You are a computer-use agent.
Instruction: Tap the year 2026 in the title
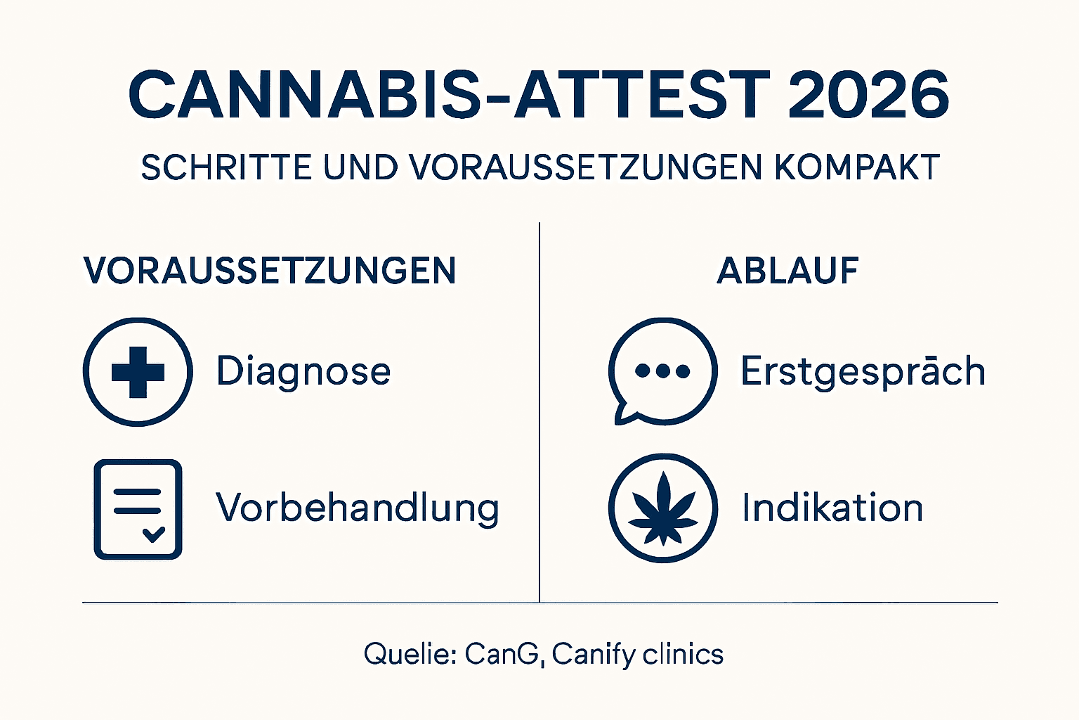[868, 95]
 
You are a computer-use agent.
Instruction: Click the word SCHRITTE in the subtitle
[226, 168]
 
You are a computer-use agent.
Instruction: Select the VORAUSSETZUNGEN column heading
[270, 271]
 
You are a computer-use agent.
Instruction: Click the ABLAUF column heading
[787, 271]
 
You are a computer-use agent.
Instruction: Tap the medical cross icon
[138, 372]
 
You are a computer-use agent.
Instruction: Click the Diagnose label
[303, 371]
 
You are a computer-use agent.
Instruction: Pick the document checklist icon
[138, 509]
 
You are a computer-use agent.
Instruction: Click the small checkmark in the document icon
[153, 534]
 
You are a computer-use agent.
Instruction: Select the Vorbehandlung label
[358, 508]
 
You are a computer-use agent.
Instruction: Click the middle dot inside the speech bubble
[662, 371]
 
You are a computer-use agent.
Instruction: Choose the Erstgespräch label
[863, 371]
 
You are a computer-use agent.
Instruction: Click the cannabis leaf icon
[662, 508]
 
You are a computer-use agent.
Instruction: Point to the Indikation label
[832, 508]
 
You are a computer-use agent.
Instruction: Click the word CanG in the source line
[502, 655]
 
